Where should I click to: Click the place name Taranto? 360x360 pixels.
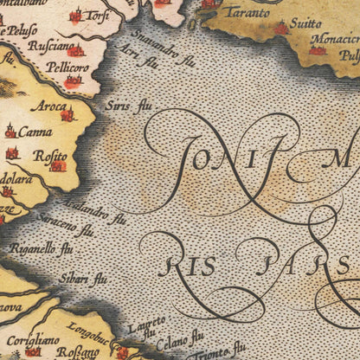pyautogui.click(x=247, y=13)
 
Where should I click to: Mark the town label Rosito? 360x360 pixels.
pyautogui.click(x=50, y=155)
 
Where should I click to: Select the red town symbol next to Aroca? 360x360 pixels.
pyautogui.click(x=67, y=114)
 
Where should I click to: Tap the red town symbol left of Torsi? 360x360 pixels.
pyautogui.click(x=75, y=16)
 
